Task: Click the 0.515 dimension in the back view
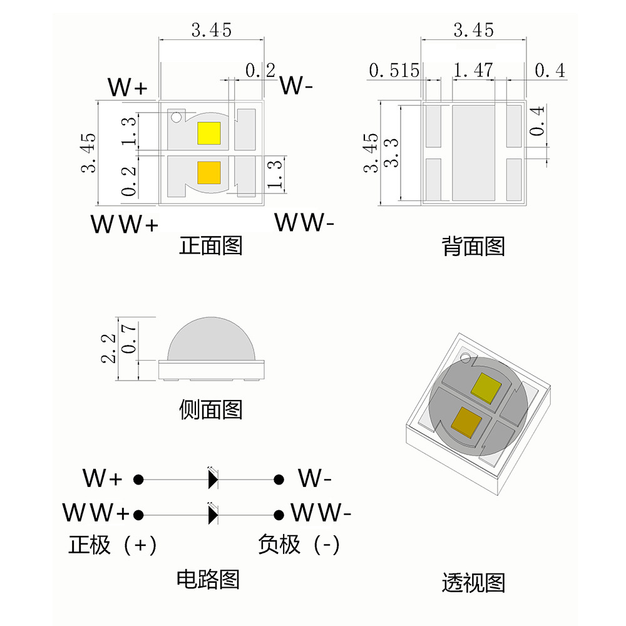pos(394,70)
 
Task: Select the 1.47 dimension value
pos(473,70)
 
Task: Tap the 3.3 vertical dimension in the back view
pos(391,153)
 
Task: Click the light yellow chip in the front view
pos(208,133)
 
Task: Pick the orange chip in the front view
pos(208,172)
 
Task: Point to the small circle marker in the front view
pos(177,117)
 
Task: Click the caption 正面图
pos(211,245)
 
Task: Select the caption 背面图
pos(473,246)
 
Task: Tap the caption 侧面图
pos(211,410)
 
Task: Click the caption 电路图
pos(208,578)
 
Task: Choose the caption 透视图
pos(473,583)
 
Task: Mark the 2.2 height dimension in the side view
pos(109,348)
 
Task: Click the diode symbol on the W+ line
pos(213,480)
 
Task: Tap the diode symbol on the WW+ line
pos(213,515)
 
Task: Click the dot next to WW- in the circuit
pos(278,515)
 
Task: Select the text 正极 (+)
pos(112,545)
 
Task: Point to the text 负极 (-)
pos(299,545)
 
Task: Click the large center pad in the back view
pos(474,153)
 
